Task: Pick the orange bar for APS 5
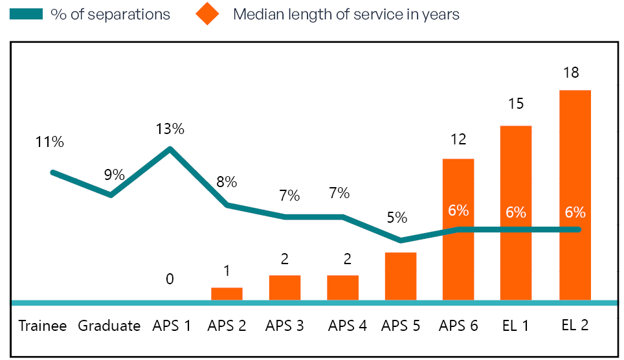[x=401, y=276]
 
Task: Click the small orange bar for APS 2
[x=227, y=294]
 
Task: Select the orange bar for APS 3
[x=285, y=288]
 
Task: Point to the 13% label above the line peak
[x=170, y=129]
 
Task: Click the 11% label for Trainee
[x=50, y=142]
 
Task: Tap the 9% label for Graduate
[x=114, y=174]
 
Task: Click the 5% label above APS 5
[x=397, y=217]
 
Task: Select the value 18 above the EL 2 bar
[x=571, y=72]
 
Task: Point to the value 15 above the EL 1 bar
[x=516, y=104]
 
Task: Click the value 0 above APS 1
[x=170, y=279]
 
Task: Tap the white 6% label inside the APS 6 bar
[x=458, y=210]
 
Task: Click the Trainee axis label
[x=43, y=326]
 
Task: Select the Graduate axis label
[x=109, y=326]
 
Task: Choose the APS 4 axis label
[x=347, y=326]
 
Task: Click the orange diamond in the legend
[x=207, y=14]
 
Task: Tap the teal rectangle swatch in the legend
[x=26, y=14]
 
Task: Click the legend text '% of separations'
[x=111, y=14]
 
